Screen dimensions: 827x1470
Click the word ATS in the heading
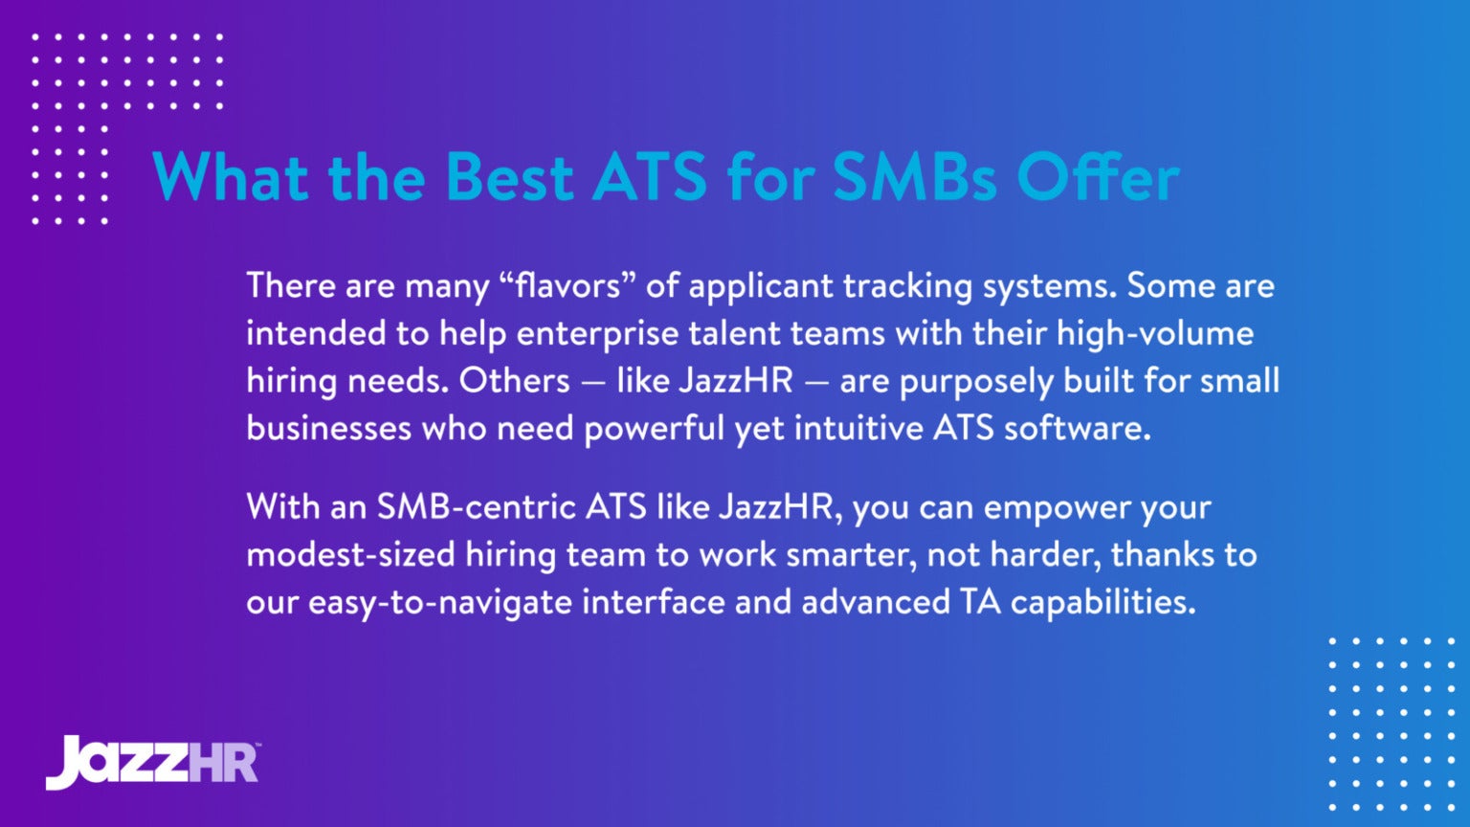pos(650,178)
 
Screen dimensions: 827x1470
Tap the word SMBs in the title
pos(914,178)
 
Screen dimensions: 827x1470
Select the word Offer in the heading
pos(1098,178)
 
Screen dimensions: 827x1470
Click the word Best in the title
pos(508,178)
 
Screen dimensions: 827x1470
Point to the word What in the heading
pos(231,178)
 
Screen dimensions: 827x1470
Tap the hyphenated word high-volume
pos(1154,333)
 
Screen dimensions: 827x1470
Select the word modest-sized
pos(350,555)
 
